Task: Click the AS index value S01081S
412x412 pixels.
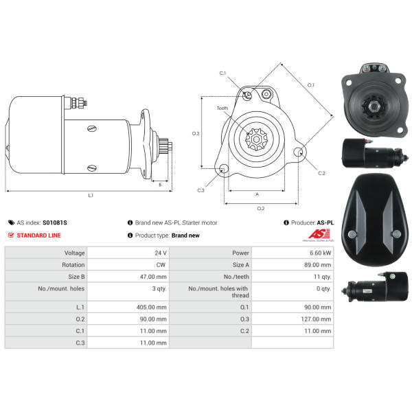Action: tap(55, 222)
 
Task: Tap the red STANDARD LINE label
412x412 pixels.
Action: tap(38, 235)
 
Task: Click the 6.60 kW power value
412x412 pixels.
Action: tap(320, 253)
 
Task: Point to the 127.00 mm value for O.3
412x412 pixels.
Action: tap(316, 319)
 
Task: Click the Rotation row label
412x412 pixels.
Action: tap(73, 264)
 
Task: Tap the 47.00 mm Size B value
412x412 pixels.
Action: tap(153, 277)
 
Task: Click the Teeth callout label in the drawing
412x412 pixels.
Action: tap(222, 108)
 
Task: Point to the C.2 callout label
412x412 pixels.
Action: tap(321, 173)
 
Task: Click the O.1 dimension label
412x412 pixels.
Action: tap(311, 85)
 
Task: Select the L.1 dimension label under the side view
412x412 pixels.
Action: tap(91, 195)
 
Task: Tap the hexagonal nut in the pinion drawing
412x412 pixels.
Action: tap(256, 139)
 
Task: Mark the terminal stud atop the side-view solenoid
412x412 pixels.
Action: tap(78, 102)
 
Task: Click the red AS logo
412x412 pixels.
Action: tap(319, 233)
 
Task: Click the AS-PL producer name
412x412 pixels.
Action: tap(325, 222)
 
